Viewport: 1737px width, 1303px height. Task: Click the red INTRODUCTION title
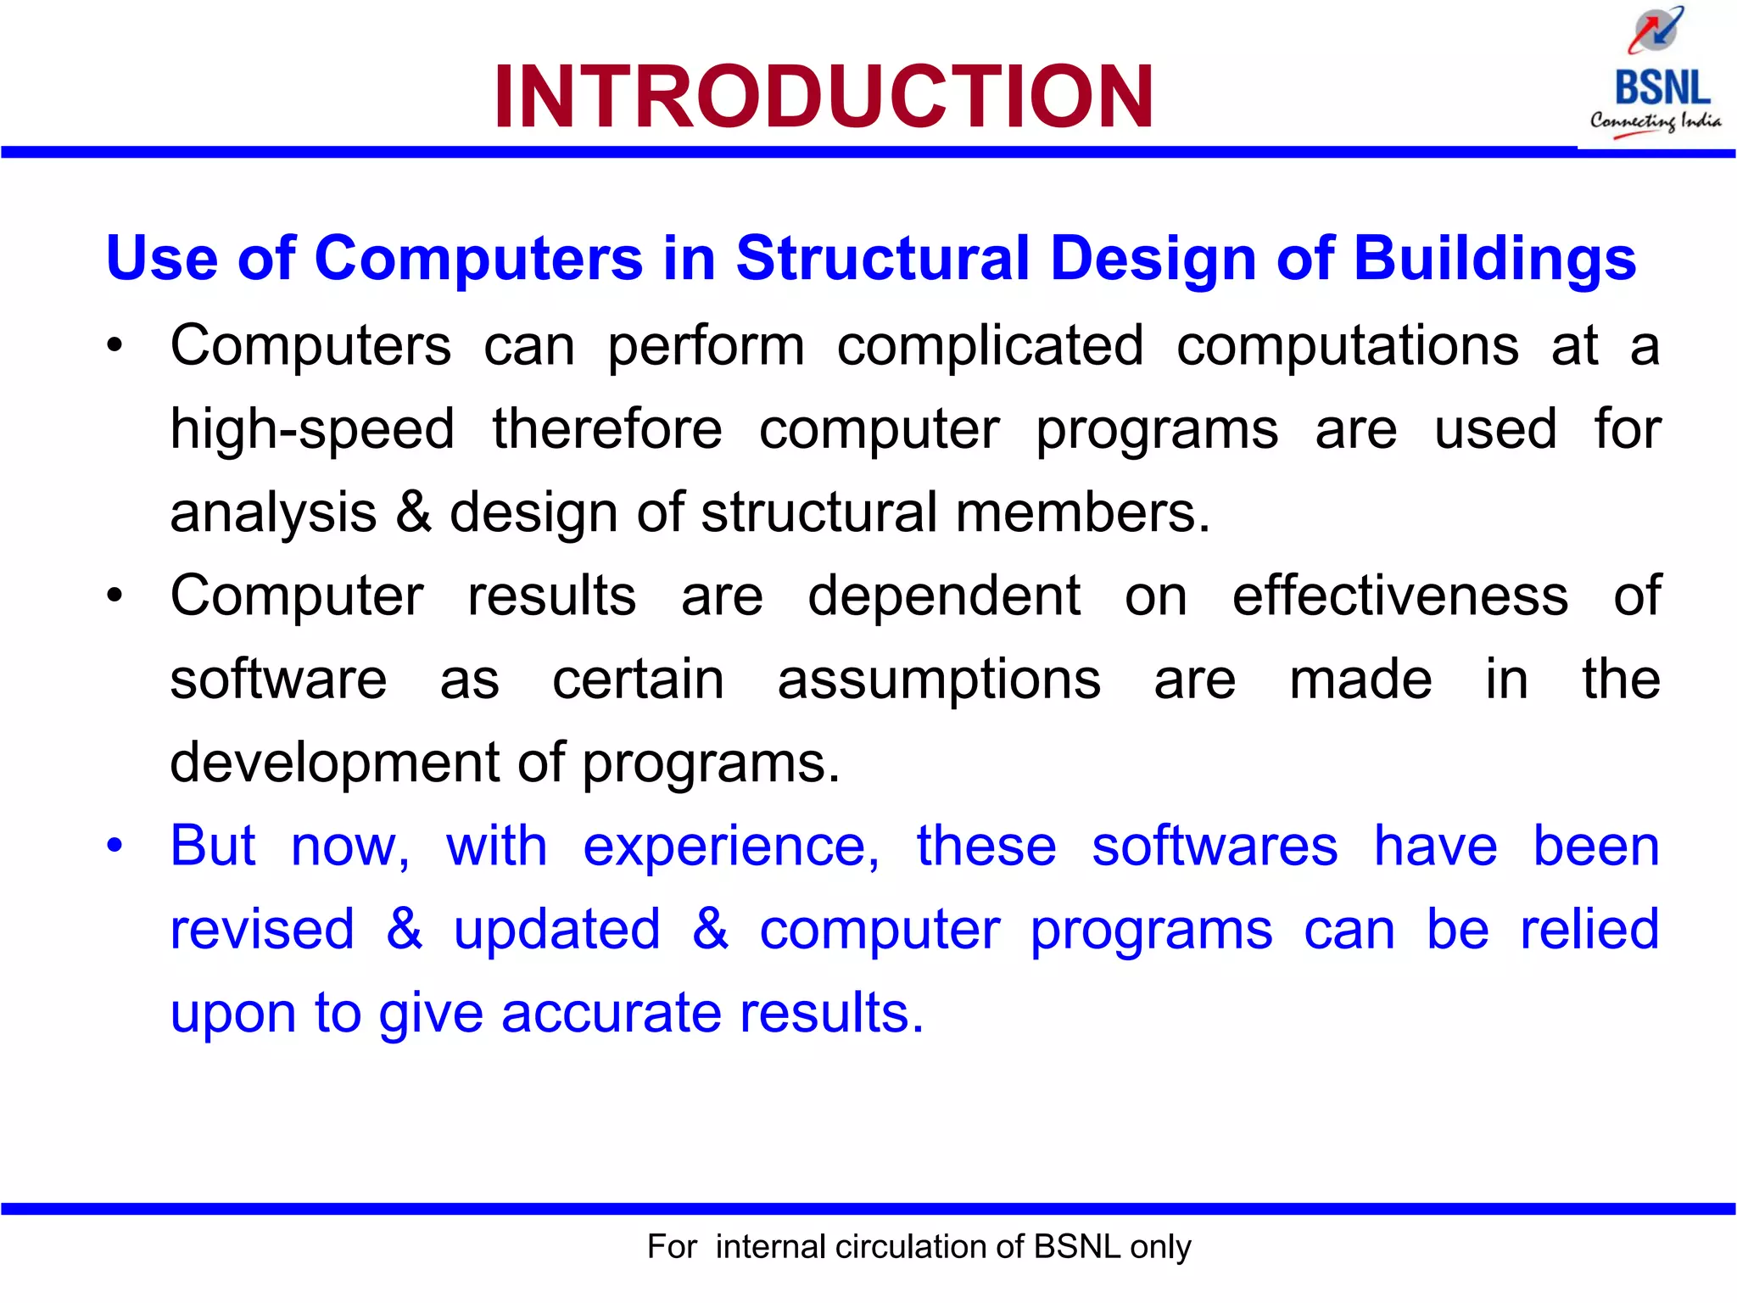pyautogui.click(x=823, y=97)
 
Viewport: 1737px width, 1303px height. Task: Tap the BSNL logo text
pyautogui.click(x=1662, y=87)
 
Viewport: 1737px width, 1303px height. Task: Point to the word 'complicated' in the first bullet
pyautogui.click(x=990, y=346)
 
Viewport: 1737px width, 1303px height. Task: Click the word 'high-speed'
pyautogui.click(x=312, y=428)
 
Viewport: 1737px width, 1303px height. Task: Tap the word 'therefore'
pyautogui.click(x=607, y=428)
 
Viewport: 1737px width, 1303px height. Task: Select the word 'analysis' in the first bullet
pyautogui.click(x=273, y=512)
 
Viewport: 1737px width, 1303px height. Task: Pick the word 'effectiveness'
pyautogui.click(x=1400, y=596)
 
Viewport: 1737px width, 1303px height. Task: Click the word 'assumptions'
pyautogui.click(x=939, y=679)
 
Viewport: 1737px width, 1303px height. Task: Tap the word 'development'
pyautogui.click(x=335, y=763)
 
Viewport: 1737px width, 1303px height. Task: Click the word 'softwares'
pyautogui.click(x=1215, y=846)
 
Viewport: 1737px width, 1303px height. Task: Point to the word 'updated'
pyautogui.click(x=556, y=929)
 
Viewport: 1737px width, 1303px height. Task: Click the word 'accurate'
pyautogui.click(x=610, y=1012)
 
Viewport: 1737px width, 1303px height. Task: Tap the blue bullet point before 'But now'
pyautogui.click(x=114, y=846)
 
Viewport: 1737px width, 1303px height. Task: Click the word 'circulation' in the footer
pyautogui.click(x=911, y=1247)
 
